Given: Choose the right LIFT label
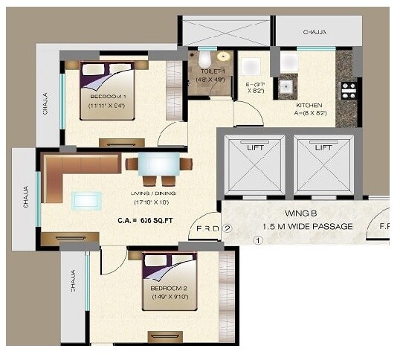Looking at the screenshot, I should tap(323, 147).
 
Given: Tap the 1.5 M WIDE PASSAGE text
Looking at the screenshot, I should tap(307, 226).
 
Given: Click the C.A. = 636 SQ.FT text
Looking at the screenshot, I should tap(145, 221).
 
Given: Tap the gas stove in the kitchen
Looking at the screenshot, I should tap(348, 91).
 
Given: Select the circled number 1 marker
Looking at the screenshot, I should tap(258, 241).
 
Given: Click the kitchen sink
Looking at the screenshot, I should tap(285, 87).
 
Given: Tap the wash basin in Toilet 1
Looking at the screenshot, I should tap(222, 57).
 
